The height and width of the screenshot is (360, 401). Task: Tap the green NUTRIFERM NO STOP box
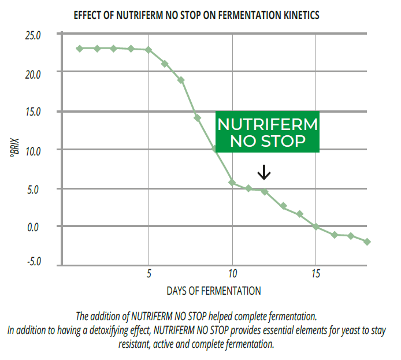point(268,132)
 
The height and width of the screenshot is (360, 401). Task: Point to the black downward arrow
point(264,172)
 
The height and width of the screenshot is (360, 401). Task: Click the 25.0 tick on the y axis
point(33,35)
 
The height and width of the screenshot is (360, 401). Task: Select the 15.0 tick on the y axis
point(33,112)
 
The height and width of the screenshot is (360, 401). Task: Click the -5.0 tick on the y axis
point(33,262)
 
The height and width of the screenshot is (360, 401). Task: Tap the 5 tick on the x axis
point(149,272)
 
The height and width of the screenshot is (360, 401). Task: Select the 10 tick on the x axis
point(232,272)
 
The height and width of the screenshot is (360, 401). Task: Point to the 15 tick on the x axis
point(315,272)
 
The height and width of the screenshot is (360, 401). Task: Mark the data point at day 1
point(80,48)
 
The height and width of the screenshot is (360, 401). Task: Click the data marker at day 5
point(148,50)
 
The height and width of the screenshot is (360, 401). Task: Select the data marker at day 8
point(198,117)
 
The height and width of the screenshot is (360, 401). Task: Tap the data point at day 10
point(232,183)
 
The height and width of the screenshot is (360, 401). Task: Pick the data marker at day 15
point(315,227)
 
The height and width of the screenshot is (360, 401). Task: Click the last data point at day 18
point(367,242)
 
